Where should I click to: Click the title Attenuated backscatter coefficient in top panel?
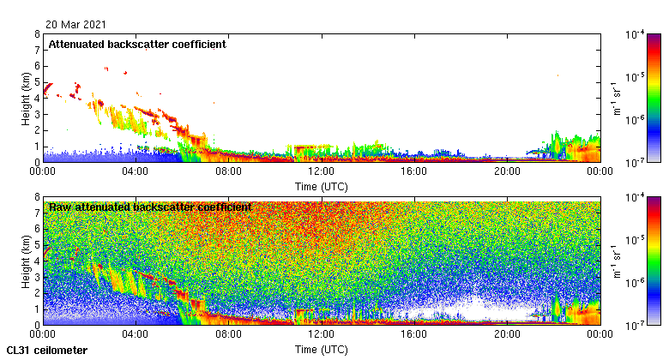point(137,45)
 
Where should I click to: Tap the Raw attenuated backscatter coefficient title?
point(150,207)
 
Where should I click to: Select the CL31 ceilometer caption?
point(46,351)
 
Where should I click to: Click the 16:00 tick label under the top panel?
point(413,171)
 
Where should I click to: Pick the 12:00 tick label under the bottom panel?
point(321,335)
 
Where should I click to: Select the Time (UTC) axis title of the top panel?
point(321,185)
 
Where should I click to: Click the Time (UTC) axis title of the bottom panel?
point(321,349)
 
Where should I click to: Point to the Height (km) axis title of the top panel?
point(27,98)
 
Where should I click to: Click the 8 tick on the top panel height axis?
point(37,35)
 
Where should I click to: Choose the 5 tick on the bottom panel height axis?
point(37,245)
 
